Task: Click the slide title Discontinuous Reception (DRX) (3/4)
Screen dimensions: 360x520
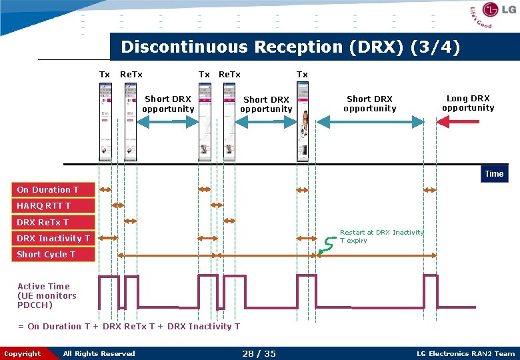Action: tap(290, 47)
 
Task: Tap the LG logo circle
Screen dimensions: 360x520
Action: tap(491, 10)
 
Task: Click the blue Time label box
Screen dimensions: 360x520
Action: tap(494, 174)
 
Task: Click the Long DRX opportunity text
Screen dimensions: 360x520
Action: tap(468, 103)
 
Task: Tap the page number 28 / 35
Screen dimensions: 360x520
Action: tap(259, 353)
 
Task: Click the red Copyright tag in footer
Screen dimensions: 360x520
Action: tap(23, 353)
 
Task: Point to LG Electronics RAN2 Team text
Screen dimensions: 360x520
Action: tap(465, 353)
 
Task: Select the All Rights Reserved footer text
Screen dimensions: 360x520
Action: tap(99, 353)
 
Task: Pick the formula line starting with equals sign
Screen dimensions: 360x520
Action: tap(129, 326)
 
